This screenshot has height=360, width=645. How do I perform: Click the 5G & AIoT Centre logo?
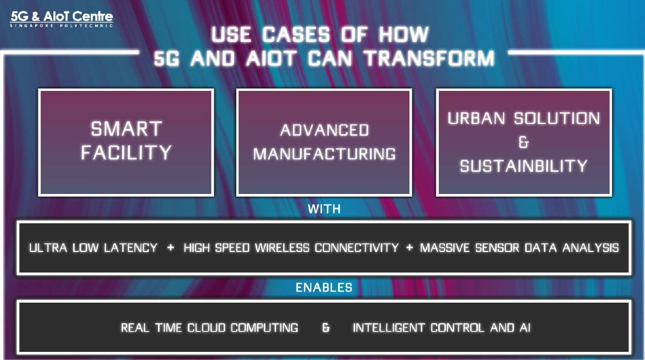[61, 19]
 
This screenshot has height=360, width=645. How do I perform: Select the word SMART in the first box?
[126, 129]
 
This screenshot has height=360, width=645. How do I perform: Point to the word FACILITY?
[126, 152]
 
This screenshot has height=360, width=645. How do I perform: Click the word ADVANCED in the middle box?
[325, 130]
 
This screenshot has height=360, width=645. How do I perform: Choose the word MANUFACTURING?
[325, 154]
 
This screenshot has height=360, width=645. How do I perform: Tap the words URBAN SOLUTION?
[524, 119]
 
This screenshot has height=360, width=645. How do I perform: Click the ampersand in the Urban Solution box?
[524, 143]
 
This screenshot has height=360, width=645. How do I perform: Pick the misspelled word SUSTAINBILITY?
[524, 166]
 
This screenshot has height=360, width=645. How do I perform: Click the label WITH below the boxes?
[324, 209]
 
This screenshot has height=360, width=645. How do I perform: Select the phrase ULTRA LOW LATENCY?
[93, 248]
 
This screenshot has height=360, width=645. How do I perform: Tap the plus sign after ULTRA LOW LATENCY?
[170, 248]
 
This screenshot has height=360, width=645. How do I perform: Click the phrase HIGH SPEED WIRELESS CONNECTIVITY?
[291, 248]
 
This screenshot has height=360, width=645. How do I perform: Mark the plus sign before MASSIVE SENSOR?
[409, 248]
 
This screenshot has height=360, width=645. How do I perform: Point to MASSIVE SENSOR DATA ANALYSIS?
[519, 248]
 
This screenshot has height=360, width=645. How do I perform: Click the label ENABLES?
[324, 287]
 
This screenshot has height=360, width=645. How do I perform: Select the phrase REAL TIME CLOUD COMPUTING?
[209, 328]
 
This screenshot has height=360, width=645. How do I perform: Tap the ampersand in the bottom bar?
[326, 328]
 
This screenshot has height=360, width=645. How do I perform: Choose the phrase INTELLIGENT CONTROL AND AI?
[441, 328]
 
